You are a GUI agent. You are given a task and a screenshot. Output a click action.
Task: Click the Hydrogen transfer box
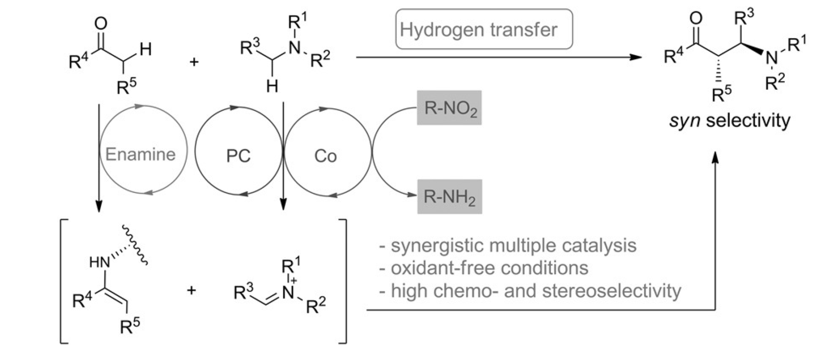click(484, 30)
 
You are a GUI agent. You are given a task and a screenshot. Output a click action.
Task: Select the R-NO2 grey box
click(449, 108)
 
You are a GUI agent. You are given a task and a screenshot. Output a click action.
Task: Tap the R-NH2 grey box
click(449, 197)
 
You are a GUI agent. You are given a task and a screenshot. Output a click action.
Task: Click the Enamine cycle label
click(141, 154)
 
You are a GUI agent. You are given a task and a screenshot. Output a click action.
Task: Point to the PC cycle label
click(238, 156)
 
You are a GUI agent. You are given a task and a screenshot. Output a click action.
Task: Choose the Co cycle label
click(326, 156)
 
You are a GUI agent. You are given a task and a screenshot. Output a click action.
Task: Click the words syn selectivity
click(729, 121)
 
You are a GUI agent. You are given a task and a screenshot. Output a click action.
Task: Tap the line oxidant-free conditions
click(484, 268)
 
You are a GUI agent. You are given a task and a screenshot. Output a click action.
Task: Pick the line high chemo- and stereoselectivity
click(530, 291)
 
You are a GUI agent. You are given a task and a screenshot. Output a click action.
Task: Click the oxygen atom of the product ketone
click(696, 18)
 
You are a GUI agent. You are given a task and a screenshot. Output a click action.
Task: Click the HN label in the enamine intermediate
click(99, 263)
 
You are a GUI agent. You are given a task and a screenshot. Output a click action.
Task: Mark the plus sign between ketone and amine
click(194, 62)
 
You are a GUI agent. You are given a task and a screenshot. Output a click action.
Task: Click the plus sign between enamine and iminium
click(191, 290)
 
